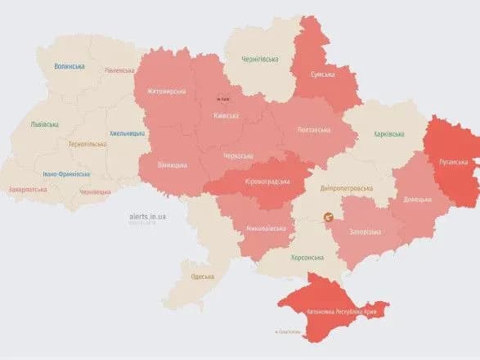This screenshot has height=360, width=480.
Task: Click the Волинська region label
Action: tap(69, 66)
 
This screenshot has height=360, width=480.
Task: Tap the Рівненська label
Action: tap(119, 70)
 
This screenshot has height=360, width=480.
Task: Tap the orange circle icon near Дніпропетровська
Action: tap(328, 218)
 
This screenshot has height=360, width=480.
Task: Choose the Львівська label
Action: tap(44, 124)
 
